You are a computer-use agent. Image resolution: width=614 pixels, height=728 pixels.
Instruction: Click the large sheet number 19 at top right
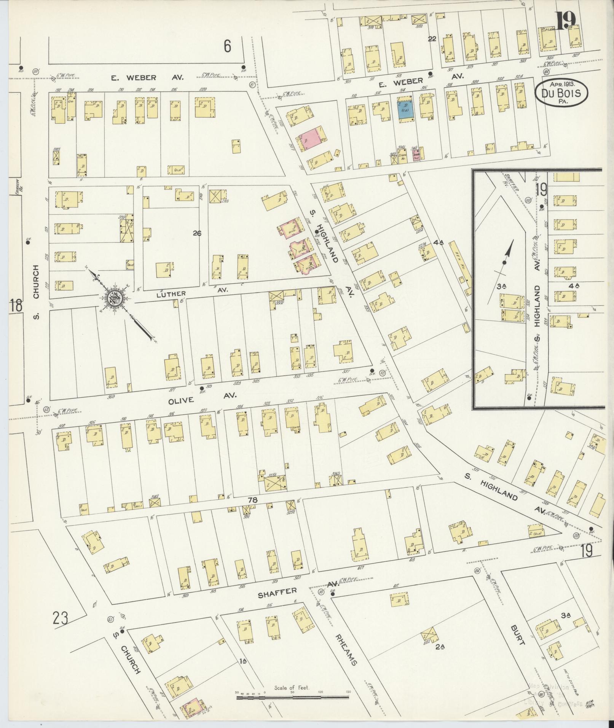[x=565, y=21]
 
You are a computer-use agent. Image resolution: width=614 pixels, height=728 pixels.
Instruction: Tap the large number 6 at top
[x=227, y=46]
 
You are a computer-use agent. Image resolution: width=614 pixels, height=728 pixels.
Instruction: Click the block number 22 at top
[x=432, y=38]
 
